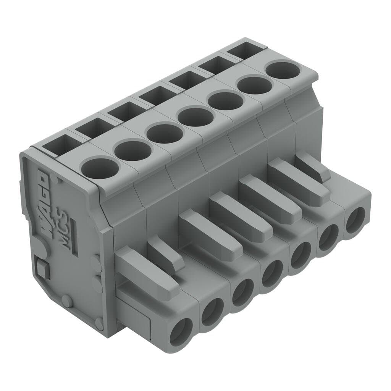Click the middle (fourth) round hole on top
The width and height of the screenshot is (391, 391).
click(x=197, y=116)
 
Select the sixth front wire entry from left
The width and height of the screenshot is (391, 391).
click(x=329, y=238)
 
